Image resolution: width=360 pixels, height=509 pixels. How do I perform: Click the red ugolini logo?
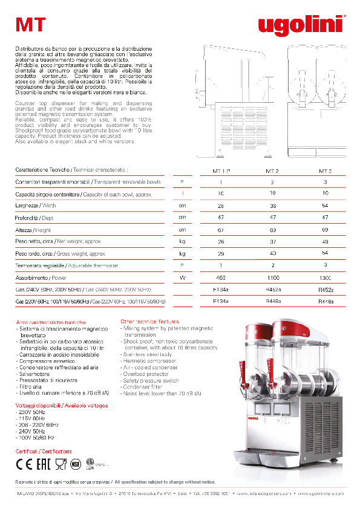300,24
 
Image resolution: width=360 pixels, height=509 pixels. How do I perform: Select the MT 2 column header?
272,171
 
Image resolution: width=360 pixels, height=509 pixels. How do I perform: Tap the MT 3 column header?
325,171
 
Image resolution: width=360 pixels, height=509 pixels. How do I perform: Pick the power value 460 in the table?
221,277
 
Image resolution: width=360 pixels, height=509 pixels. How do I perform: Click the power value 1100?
272,277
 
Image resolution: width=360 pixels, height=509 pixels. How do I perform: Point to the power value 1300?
325,277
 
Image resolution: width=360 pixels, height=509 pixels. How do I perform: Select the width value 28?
221,206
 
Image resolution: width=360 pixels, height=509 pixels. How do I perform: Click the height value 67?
221,230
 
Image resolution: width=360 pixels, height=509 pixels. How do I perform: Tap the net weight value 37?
272,242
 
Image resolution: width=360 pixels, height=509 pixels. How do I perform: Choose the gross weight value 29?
221,254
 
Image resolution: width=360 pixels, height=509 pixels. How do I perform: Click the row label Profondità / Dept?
34,218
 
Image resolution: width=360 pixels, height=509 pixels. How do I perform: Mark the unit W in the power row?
182,277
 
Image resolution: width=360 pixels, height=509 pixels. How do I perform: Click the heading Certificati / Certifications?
43,451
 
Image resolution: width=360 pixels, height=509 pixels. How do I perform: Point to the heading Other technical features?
149,322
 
